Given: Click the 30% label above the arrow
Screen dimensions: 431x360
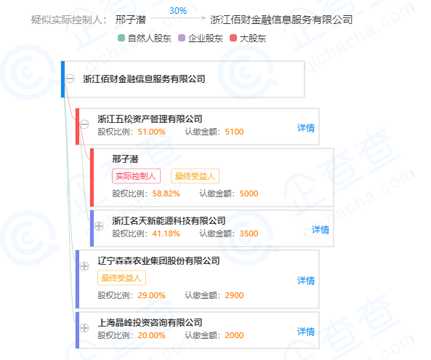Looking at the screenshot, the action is [178, 11].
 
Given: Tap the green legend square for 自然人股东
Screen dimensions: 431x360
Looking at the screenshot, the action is [121, 38].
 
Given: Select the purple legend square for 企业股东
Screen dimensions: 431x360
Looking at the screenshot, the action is [182, 38].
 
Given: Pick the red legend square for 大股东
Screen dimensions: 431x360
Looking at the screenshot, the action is [233, 38].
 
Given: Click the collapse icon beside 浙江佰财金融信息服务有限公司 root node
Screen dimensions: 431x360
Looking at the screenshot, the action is [70, 79].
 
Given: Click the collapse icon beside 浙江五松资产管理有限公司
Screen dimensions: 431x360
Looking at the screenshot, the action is [84, 124].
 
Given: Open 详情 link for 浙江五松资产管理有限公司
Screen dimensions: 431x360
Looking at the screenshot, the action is [306, 128].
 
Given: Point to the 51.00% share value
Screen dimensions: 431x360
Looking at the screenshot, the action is [151, 132].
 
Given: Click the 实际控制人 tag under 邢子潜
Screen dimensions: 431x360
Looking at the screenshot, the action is [136, 176].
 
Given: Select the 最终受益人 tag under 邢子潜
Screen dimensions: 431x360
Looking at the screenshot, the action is [196, 176].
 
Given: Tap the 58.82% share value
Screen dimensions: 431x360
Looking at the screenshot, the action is [166, 193].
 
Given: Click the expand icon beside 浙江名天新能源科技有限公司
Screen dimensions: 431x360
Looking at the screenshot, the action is [99, 226].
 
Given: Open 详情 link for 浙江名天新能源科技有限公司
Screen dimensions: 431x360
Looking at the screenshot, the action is [321, 230].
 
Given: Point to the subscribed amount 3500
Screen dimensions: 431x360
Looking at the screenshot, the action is [249, 233].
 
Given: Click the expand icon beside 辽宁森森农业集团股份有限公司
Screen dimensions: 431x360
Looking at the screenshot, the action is [84, 266].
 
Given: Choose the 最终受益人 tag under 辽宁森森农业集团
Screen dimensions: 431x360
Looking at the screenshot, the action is [121, 278].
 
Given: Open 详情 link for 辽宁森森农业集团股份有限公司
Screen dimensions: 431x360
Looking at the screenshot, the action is [306, 281].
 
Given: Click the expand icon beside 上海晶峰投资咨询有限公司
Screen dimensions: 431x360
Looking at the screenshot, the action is [84, 328].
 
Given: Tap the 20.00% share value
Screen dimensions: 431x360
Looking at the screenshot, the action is [151, 335].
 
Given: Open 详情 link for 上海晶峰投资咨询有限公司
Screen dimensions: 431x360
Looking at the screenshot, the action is [306, 332].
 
